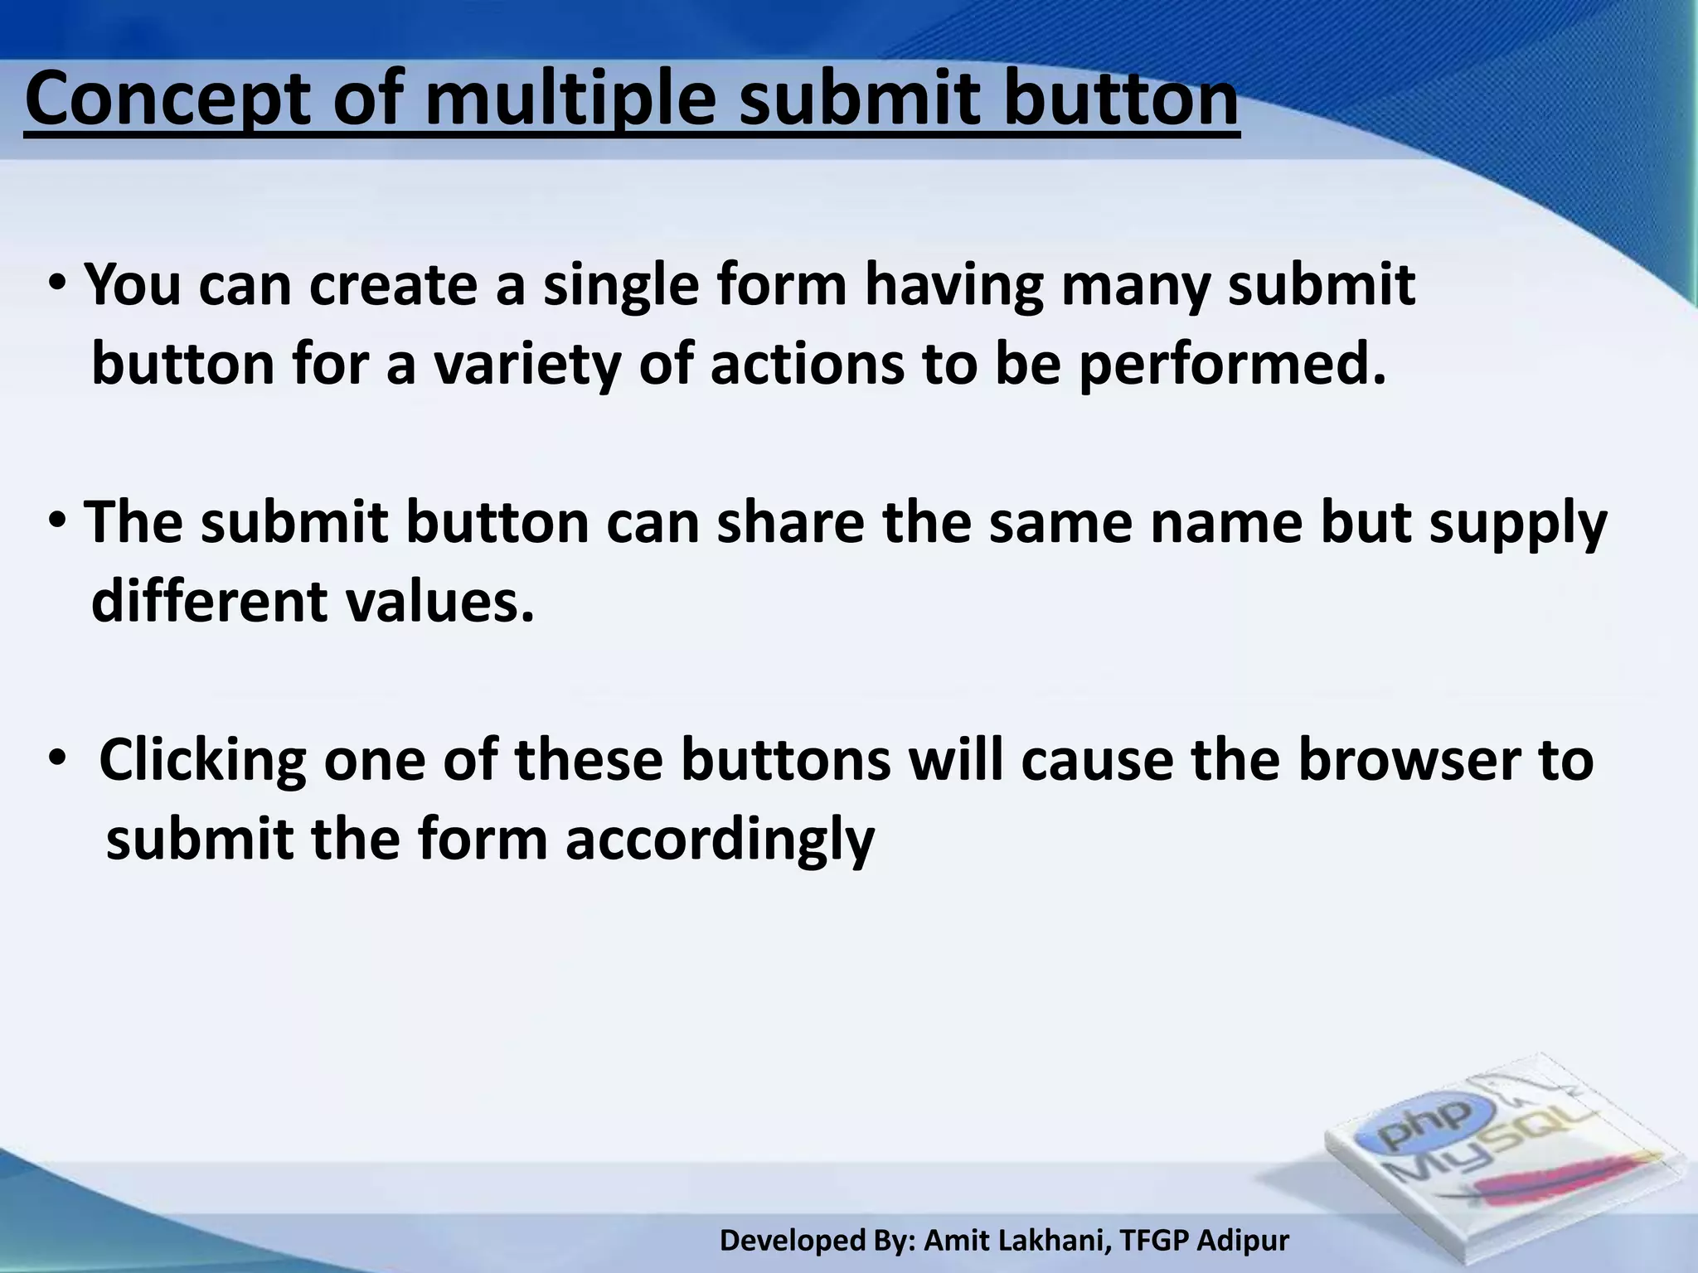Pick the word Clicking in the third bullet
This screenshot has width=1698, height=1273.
(x=202, y=761)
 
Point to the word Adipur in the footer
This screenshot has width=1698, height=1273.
(x=1244, y=1240)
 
